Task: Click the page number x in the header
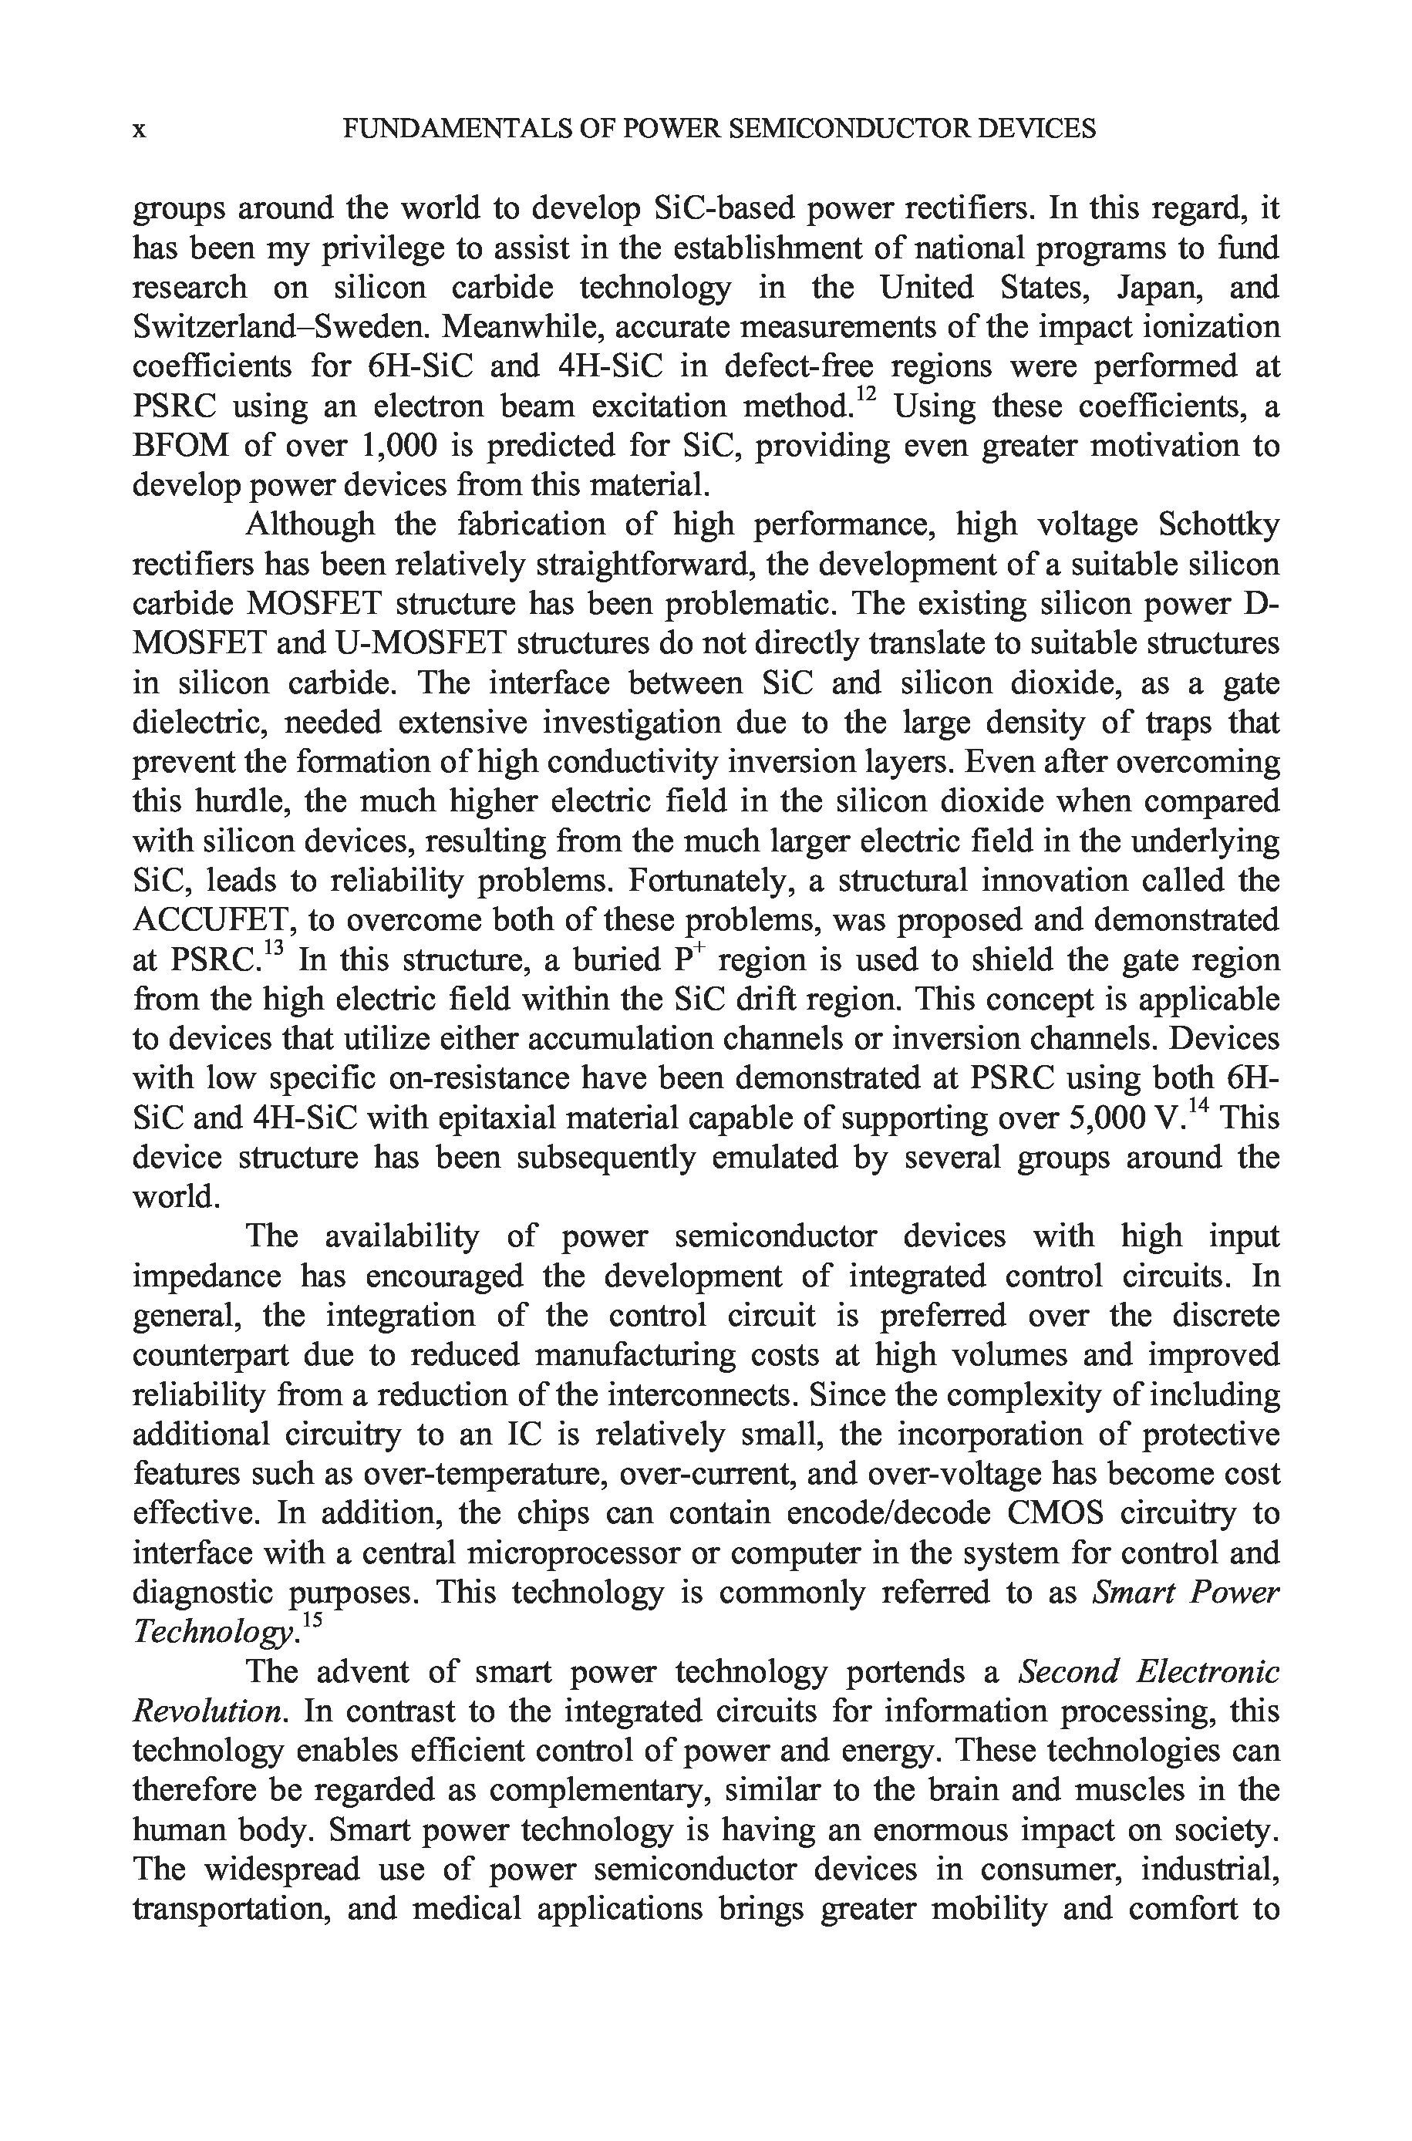140,130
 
